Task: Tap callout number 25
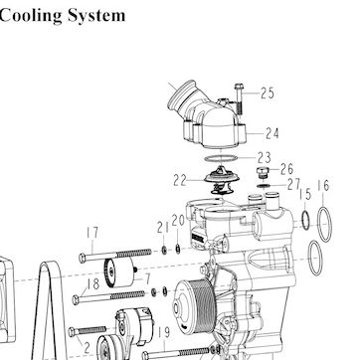coord(268,93)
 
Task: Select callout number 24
coord(272,133)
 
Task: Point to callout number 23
coord(265,157)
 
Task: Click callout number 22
coord(180,180)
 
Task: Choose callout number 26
coord(286,169)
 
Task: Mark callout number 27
coord(293,184)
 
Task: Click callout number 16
coord(323,186)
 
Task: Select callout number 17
coord(92,233)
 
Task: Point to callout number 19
coord(164,333)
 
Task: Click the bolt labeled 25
coord(239,98)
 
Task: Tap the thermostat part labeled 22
coord(222,181)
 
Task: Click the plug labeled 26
coord(262,173)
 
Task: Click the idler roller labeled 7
coord(120,272)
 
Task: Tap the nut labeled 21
coord(164,250)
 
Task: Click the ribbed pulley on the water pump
coord(196,306)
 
